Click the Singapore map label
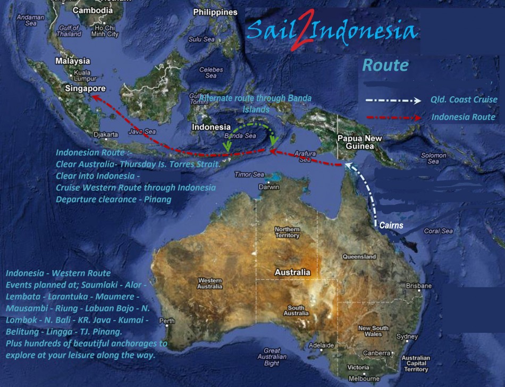point(85,89)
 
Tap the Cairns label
point(391,225)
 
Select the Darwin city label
point(269,187)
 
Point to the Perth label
point(166,321)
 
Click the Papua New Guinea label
point(360,142)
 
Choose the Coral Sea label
point(439,231)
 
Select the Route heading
point(385,65)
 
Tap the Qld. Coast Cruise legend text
point(464,100)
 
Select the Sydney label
point(407,336)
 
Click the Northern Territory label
point(287,232)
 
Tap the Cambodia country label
point(92,10)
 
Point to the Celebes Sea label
point(211,72)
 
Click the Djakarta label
point(106,134)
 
